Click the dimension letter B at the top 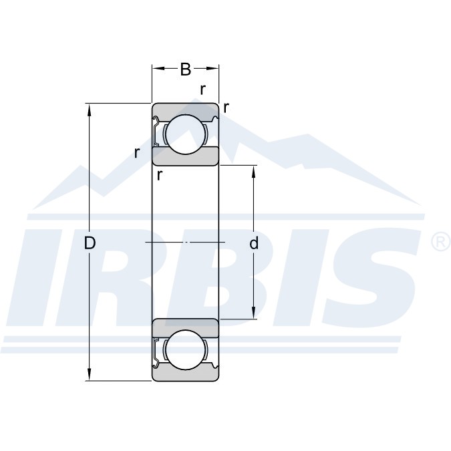pos(186,69)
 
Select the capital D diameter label pos(90,243)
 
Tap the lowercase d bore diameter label pos(254,243)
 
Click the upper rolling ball pos(186,134)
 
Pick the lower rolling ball pos(186,349)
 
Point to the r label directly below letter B pos(202,90)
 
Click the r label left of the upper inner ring pos(137,153)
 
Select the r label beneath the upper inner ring pos(160,175)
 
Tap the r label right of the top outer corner pos(227,108)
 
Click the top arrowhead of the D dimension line pos(89,109)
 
